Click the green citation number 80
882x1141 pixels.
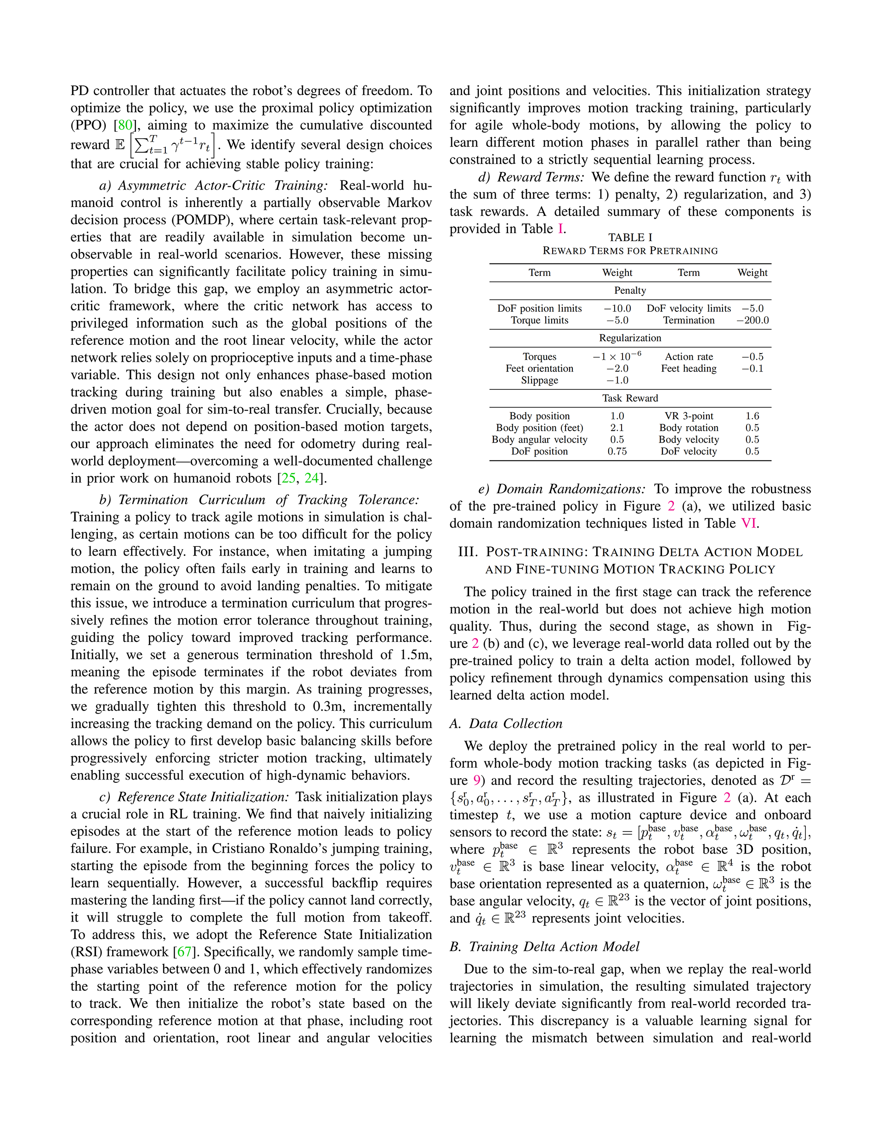click(x=125, y=125)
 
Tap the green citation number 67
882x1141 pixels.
click(x=185, y=952)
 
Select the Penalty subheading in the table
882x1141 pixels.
click(x=630, y=291)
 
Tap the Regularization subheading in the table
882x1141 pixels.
click(x=630, y=338)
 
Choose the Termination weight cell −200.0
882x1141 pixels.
click(x=752, y=320)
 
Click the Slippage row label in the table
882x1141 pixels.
click(x=540, y=380)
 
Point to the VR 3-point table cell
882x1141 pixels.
click(x=689, y=416)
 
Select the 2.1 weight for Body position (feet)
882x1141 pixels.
click(x=617, y=428)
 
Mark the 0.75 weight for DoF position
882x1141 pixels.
click(x=617, y=451)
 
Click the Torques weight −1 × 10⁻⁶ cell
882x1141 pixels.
click(x=617, y=356)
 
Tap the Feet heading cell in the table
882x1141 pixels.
click(x=689, y=368)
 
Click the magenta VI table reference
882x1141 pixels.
click(x=748, y=523)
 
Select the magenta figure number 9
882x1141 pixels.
click(x=476, y=781)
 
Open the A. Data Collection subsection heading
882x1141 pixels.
click(x=506, y=724)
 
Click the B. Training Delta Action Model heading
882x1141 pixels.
click(x=544, y=947)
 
